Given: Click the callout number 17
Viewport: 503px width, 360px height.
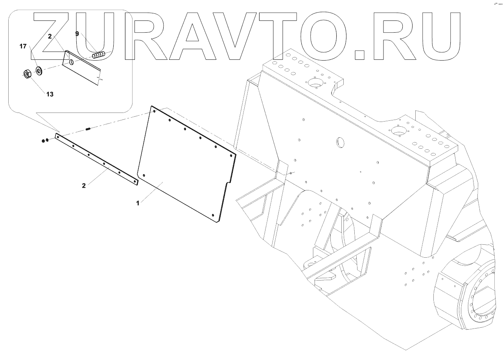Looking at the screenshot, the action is [23, 46].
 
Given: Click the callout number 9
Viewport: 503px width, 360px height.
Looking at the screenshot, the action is [77, 34].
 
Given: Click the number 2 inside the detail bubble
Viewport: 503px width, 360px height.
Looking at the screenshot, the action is [50, 36].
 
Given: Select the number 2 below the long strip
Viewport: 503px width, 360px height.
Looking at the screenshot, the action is [84, 185].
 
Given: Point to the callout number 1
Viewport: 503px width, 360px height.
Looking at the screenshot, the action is [138, 203].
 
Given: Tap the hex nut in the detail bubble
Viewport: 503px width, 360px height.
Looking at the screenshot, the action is [27, 74].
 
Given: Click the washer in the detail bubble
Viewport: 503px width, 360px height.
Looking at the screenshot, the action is [39, 71].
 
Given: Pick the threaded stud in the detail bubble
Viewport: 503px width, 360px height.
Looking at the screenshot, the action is [99, 55].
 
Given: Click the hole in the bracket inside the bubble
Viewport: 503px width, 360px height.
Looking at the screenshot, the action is [72, 62].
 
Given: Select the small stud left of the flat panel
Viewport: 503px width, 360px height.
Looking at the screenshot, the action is [88, 128].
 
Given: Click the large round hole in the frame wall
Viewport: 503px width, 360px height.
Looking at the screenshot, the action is [340, 142].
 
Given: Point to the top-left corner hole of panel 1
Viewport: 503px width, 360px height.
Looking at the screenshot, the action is [155, 112].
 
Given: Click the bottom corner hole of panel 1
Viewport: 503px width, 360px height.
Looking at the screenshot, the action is [213, 215].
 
